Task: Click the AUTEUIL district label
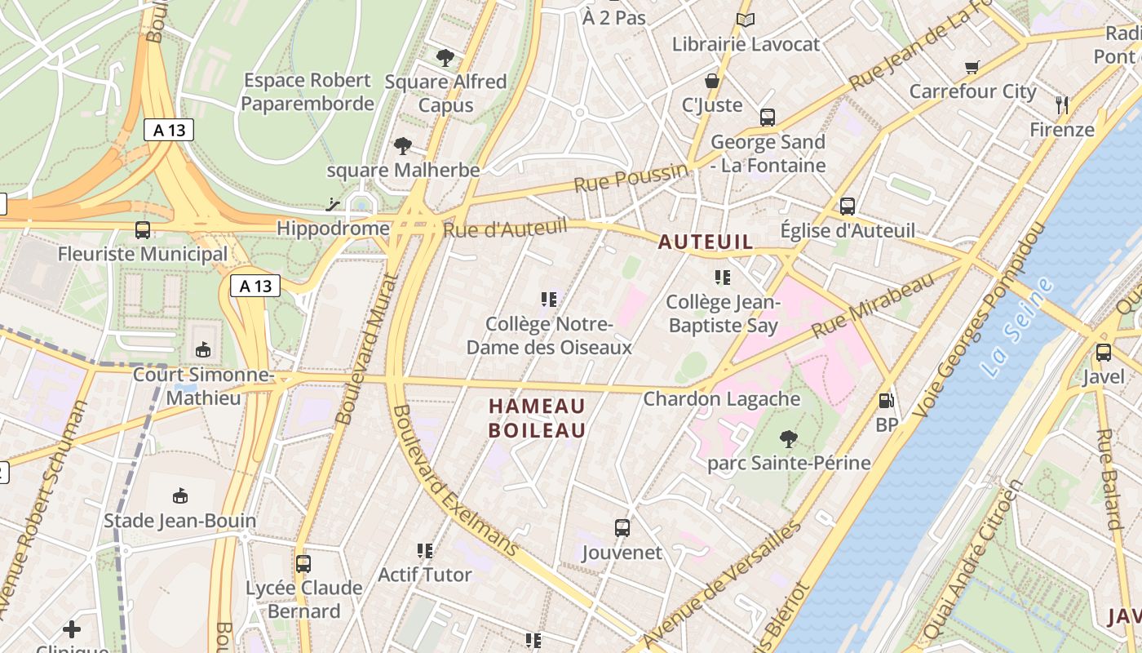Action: click(706, 242)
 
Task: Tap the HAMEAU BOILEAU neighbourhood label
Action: click(537, 418)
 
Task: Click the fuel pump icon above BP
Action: click(886, 401)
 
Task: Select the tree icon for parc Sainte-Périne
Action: click(788, 439)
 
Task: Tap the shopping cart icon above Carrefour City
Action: click(972, 67)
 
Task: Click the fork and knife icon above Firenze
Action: click(1061, 104)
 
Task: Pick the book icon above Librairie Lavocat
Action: click(745, 20)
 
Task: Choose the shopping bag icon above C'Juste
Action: click(712, 81)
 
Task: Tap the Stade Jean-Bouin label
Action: click(180, 521)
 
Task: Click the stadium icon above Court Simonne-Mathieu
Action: click(203, 350)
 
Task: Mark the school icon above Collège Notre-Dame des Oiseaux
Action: click(549, 300)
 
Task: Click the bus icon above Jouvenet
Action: click(622, 528)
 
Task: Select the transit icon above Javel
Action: click(1103, 353)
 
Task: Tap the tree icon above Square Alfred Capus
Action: click(445, 57)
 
